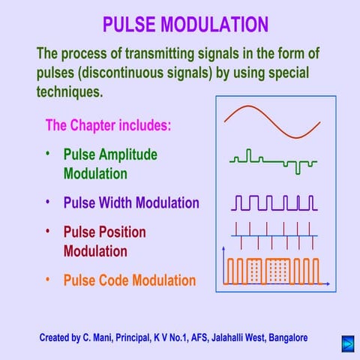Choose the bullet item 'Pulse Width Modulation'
pyautogui.click(x=131, y=202)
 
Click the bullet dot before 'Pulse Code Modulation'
pyautogui.click(x=47, y=279)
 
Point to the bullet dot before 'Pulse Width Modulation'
pyautogui.click(x=47, y=201)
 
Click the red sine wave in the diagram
pyautogui.click(x=271, y=121)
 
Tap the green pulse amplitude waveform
pyautogui.click(x=274, y=160)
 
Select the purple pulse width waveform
pyautogui.click(x=274, y=202)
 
